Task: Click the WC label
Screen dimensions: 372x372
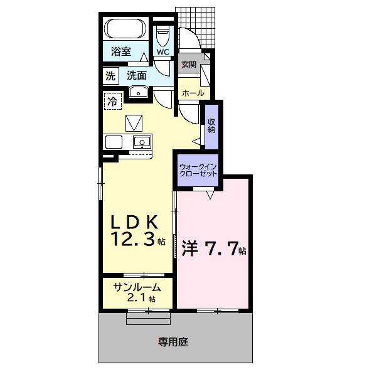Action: click(x=162, y=52)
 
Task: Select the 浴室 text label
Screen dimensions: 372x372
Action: click(x=120, y=52)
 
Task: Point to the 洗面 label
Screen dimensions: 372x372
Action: click(x=136, y=76)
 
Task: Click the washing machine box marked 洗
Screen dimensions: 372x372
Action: click(x=111, y=76)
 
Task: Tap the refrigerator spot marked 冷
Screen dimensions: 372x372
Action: click(x=113, y=100)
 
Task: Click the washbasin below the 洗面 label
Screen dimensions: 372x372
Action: click(x=138, y=93)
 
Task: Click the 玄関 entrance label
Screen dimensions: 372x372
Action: click(x=188, y=65)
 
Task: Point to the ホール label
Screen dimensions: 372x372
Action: click(x=193, y=93)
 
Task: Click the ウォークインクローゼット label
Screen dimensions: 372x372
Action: click(x=198, y=169)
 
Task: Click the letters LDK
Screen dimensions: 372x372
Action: click(x=135, y=221)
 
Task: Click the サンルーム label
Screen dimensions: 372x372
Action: click(x=137, y=287)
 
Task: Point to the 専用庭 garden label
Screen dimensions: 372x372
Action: click(x=173, y=342)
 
